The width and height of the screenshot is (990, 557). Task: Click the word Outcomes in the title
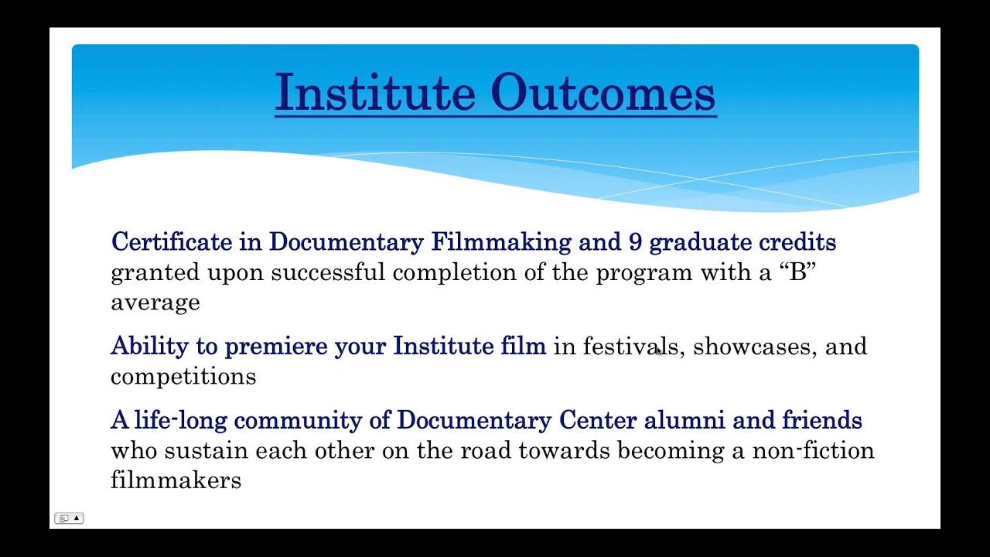[603, 93]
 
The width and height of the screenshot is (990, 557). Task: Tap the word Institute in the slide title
[375, 93]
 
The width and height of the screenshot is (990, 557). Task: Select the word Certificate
[171, 242]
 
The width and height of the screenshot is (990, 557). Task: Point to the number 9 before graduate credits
[635, 242]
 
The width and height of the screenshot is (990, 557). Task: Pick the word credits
[797, 242]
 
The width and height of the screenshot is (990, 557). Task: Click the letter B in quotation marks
[797, 272]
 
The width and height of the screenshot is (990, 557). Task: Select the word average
[155, 302]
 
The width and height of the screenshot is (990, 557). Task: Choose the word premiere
[276, 347]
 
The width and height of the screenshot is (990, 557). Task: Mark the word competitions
[183, 377]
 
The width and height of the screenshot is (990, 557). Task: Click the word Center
[598, 420]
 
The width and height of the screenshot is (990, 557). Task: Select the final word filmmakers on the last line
[176, 480]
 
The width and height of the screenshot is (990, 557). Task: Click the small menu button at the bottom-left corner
[69, 518]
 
